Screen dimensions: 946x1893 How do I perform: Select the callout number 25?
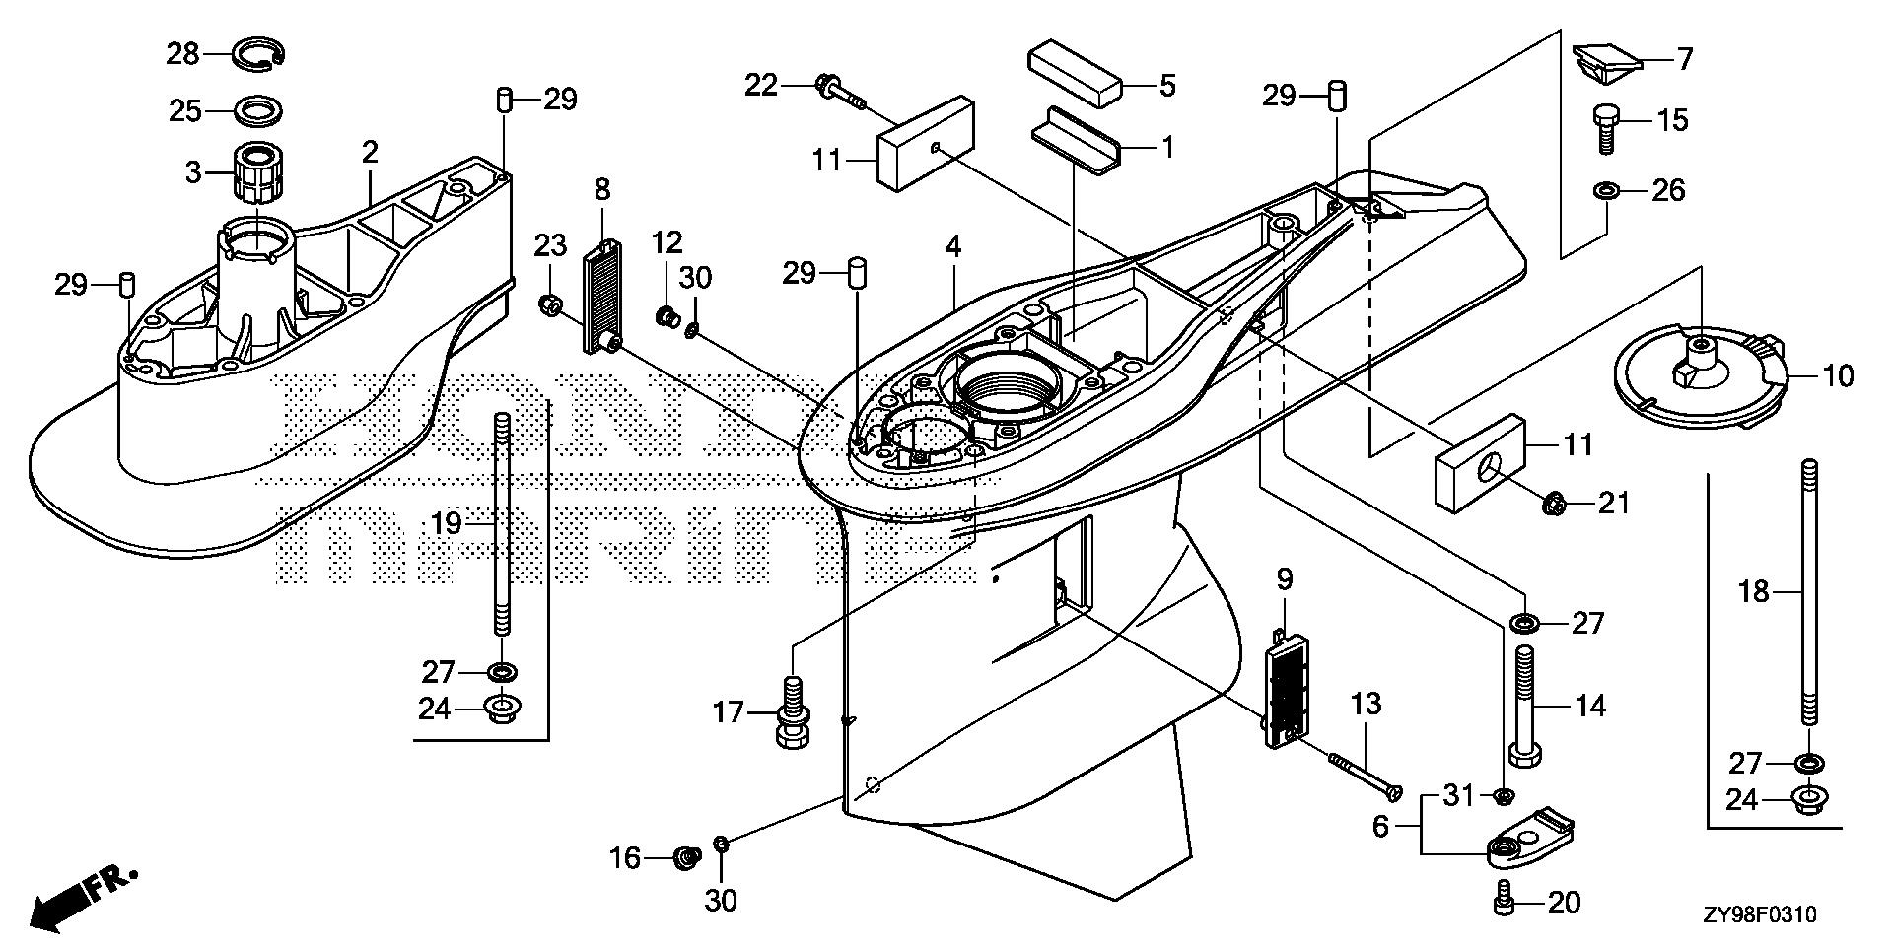(184, 110)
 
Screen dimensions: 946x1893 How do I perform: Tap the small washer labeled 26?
(1606, 188)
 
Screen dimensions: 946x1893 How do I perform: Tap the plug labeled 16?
(685, 859)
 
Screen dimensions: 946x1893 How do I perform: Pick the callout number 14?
(1590, 706)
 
